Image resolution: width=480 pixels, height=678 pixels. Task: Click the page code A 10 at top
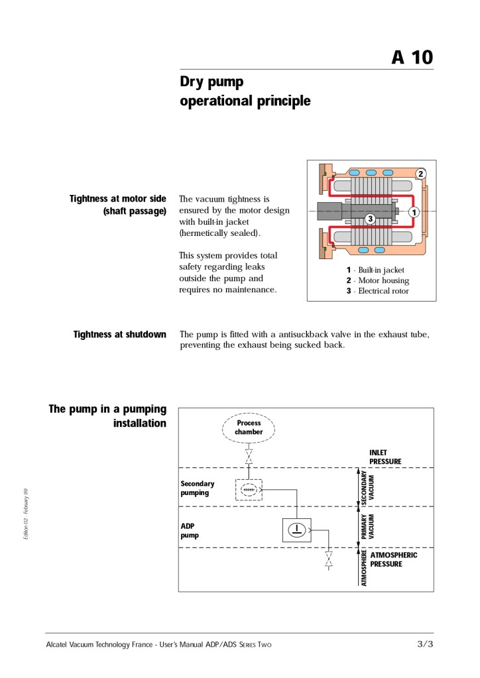[412, 58]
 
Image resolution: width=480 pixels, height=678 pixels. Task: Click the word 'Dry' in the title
[194, 82]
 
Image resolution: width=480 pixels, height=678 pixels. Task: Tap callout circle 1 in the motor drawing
[414, 212]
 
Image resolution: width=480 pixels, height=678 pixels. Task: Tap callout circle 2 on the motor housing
[420, 174]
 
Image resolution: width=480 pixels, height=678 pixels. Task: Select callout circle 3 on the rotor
[370, 218]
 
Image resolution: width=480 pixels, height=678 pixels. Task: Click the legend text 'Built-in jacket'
[381, 270]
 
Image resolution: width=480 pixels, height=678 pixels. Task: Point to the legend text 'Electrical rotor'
[383, 291]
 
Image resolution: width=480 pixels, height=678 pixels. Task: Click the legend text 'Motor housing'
[383, 281]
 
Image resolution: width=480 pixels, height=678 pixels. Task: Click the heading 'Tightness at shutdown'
[119, 335]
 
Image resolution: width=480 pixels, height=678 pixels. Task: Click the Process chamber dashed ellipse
[249, 427]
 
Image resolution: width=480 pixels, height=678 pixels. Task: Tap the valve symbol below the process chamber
[249, 457]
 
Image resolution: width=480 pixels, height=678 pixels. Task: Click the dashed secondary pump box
[249, 490]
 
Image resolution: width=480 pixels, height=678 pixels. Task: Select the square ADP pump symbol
[296, 529]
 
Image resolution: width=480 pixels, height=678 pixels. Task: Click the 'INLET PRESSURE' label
[385, 457]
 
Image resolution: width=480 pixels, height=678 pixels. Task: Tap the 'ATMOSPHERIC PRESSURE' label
[394, 559]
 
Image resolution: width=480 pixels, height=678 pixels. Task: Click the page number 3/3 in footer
[424, 644]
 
